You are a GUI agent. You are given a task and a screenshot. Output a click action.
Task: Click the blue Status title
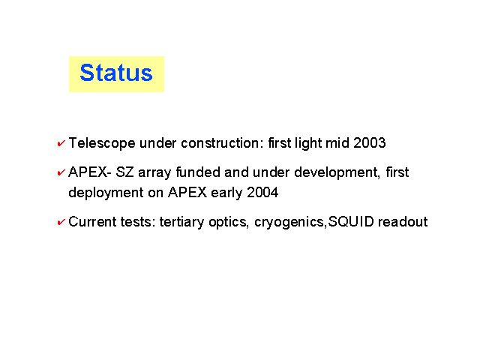tap(116, 73)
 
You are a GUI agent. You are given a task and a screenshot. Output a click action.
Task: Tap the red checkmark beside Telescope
tap(61, 143)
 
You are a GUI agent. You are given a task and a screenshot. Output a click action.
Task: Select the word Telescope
tap(102, 143)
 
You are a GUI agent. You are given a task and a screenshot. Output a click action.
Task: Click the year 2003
tap(369, 143)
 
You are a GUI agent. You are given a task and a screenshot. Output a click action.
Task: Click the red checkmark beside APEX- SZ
tap(61, 172)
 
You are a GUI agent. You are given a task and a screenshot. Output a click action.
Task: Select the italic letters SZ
tap(124, 172)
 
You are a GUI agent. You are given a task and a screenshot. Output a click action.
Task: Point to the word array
tap(154, 173)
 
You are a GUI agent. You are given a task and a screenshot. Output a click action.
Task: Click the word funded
tap(198, 172)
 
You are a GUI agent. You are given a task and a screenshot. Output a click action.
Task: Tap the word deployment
tap(106, 193)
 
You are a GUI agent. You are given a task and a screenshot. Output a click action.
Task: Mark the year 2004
tap(262, 193)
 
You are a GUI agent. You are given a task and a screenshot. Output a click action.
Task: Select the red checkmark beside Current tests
tap(61, 222)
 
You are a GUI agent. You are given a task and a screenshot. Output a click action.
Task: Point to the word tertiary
tap(181, 222)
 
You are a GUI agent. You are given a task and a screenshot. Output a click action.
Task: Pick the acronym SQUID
tap(351, 222)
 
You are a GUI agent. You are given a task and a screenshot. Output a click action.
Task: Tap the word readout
tap(403, 222)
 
